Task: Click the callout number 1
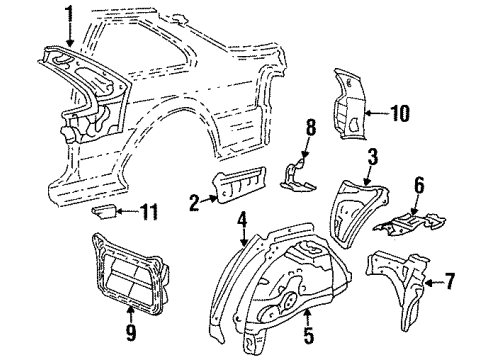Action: (x=70, y=13)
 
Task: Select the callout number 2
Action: (x=194, y=203)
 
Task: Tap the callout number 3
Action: (x=373, y=157)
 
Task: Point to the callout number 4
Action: (x=242, y=220)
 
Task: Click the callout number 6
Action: (x=419, y=185)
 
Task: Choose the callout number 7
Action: (x=450, y=281)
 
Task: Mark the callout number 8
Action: (x=311, y=127)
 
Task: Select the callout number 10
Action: (x=400, y=113)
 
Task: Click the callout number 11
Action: (x=149, y=211)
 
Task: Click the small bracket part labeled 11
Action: (x=104, y=212)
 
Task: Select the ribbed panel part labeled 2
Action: (x=239, y=184)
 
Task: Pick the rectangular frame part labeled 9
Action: (x=130, y=274)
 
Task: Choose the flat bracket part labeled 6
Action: (x=410, y=223)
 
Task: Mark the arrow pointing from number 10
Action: (x=377, y=113)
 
